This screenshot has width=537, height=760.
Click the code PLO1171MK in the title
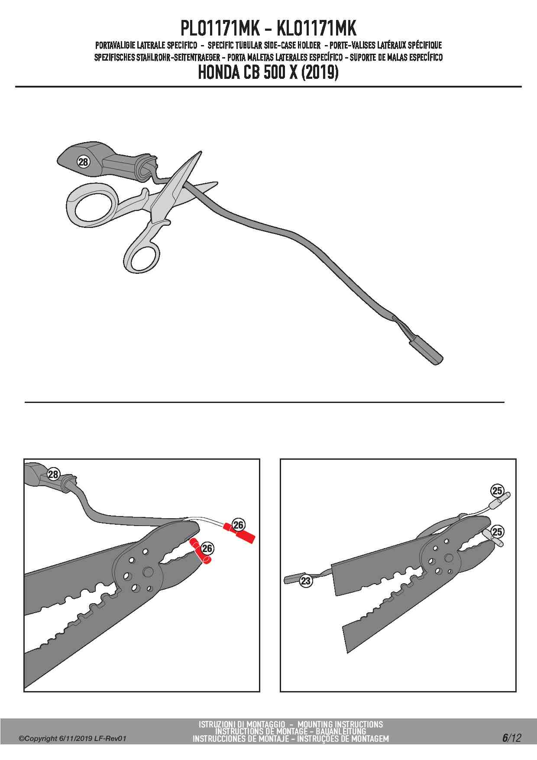(x=220, y=29)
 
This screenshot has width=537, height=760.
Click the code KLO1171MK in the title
(x=316, y=29)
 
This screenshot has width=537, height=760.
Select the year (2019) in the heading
(x=320, y=72)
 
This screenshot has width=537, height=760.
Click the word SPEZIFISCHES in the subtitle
(x=114, y=57)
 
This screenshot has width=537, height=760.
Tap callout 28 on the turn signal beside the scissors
(x=83, y=162)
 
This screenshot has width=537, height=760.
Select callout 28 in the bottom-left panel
(x=53, y=474)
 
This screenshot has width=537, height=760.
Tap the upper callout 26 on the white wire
(x=239, y=525)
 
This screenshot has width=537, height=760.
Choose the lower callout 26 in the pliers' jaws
(x=207, y=549)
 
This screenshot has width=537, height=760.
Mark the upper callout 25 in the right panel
(x=497, y=490)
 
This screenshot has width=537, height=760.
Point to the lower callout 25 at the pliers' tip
(x=497, y=532)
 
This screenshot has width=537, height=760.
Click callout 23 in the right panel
(x=306, y=581)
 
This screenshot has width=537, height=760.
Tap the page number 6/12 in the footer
(x=511, y=738)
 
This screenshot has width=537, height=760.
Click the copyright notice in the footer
(x=72, y=738)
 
